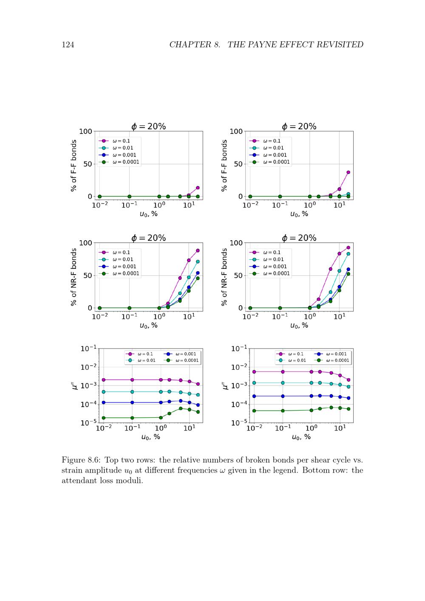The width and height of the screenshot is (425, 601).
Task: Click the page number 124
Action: pyautogui.click(x=68, y=45)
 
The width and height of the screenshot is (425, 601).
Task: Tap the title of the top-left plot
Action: pyautogui.click(x=148, y=126)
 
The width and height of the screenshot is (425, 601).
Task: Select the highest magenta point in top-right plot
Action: pyautogui.click(x=348, y=172)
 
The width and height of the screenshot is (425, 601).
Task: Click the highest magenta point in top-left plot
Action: pyautogui.click(x=198, y=188)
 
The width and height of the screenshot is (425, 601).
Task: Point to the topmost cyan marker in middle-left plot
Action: pyautogui.click(x=198, y=262)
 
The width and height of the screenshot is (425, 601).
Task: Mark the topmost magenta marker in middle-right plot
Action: pyautogui.click(x=348, y=247)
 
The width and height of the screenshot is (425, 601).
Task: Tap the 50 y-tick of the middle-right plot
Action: pyautogui.click(x=238, y=275)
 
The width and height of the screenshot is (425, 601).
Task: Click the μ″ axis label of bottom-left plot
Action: pyautogui.click(x=75, y=386)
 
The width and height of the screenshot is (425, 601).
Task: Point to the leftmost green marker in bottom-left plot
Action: pyautogui.click(x=103, y=418)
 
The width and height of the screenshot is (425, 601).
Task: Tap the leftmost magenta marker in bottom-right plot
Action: pyautogui.click(x=254, y=372)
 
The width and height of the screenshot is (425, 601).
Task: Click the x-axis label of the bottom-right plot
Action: pyautogui.click(x=301, y=437)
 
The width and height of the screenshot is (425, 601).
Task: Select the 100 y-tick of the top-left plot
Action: pyautogui.click(x=85, y=131)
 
